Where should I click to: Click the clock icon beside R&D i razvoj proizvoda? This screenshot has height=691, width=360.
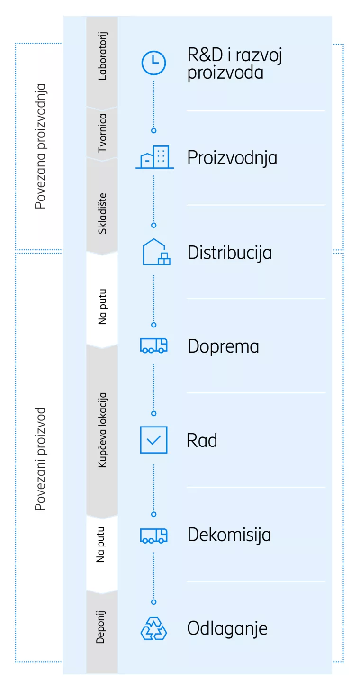pyautogui.click(x=154, y=63)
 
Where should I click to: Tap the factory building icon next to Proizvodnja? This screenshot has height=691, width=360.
pyautogui.click(x=154, y=157)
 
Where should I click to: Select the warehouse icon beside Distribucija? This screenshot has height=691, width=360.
pyautogui.click(x=156, y=252)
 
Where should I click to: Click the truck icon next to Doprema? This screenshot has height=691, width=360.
pyautogui.click(x=154, y=345)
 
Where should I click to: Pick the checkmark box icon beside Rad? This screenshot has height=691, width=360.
pyautogui.click(x=154, y=440)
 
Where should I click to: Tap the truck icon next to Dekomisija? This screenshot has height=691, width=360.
pyautogui.click(x=154, y=535)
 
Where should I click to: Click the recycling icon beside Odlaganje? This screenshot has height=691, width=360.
pyautogui.click(x=154, y=628)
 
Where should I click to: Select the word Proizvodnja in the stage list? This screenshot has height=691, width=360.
pyautogui.click(x=232, y=158)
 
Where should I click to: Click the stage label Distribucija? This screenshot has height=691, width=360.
pyautogui.click(x=230, y=253)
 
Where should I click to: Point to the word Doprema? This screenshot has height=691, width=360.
pyautogui.click(x=223, y=346)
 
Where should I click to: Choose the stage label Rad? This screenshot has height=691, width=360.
pyautogui.click(x=202, y=440)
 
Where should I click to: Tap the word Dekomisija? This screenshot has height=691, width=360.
pyautogui.click(x=229, y=535)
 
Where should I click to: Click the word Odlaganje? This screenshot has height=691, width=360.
pyautogui.click(x=227, y=629)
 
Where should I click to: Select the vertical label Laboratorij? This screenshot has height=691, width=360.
pyautogui.click(x=102, y=55)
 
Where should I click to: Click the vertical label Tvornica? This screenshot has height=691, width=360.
pyautogui.click(x=102, y=133)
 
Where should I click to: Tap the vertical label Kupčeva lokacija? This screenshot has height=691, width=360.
pyautogui.click(x=102, y=430)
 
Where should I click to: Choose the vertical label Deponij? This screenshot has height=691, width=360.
pyautogui.click(x=101, y=627)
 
